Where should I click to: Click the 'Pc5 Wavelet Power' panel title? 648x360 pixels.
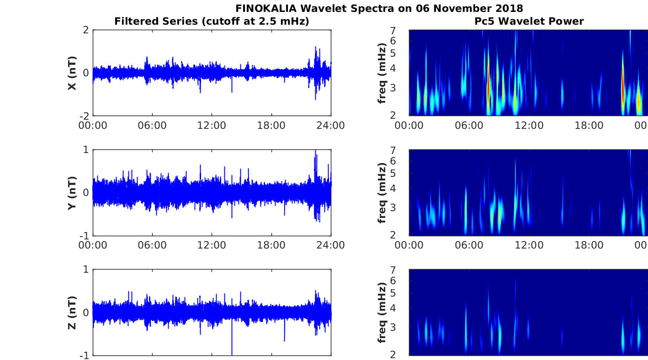(x=529, y=21)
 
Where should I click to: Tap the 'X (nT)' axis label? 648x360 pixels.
(x=72, y=73)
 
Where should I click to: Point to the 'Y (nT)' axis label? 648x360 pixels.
(x=72, y=193)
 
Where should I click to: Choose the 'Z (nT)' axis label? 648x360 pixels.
(x=72, y=313)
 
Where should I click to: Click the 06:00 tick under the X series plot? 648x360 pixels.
(x=152, y=125)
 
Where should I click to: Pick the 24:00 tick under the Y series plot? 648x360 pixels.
(x=331, y=245)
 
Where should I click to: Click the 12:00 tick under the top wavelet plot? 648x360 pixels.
(x=529, y=125)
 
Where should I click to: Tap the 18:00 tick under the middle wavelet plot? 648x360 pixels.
(x=589, y=245)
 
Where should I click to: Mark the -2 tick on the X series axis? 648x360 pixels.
(x=85, y=116)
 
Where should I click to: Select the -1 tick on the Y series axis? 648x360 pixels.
(x=85, y=236)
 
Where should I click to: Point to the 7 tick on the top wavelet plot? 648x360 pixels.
(x=404, y=30)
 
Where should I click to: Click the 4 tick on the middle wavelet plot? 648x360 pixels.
(x=404, y=188)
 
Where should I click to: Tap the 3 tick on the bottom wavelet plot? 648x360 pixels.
(x=404, y=327)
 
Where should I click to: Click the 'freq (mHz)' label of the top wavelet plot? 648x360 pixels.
(x=382, y=73)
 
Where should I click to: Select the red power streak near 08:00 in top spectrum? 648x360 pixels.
(x=489, y=87)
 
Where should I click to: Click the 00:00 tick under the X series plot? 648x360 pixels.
(x=93, y=125)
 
